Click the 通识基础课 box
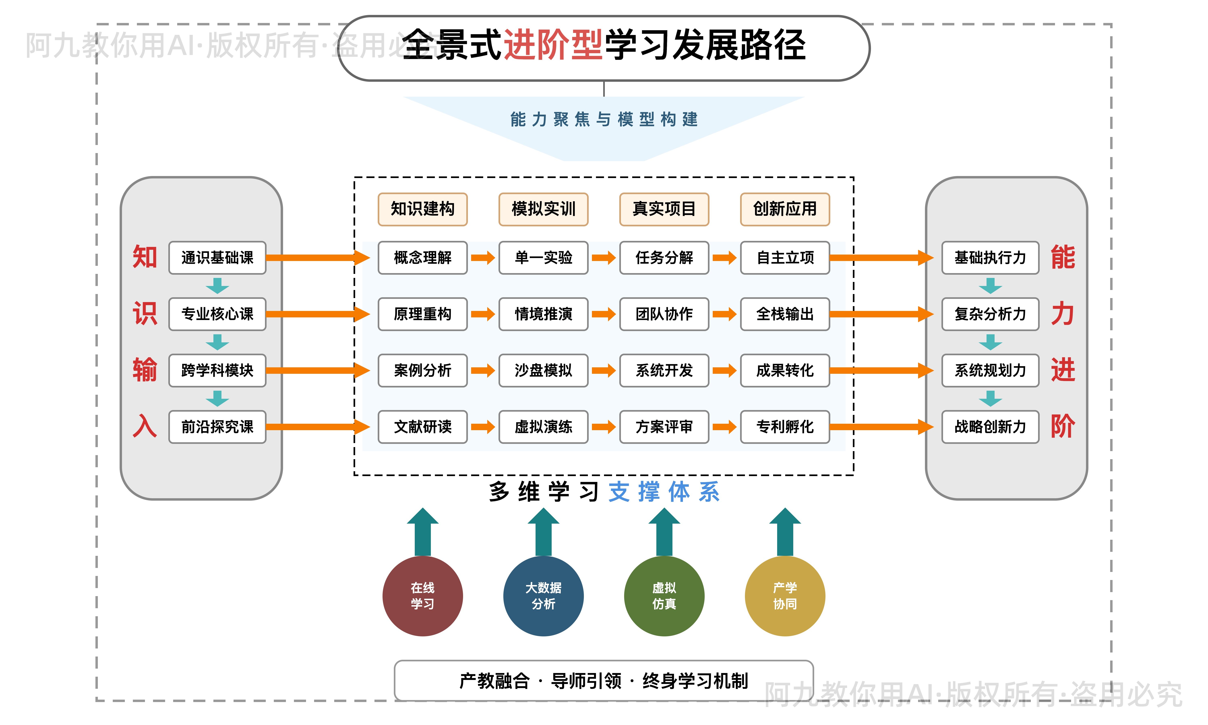tap(217, 257)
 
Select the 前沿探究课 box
tap(217, 427)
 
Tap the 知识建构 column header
tap(422, 209)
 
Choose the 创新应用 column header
tap(785, 209)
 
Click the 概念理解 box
tap(422, 257)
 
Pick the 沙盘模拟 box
tap(543, 370)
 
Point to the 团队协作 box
tap(664, 314)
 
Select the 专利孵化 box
tap(785, 427)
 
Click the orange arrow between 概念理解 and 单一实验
tap(483, 257)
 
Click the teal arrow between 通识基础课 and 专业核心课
tap(217, 285)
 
